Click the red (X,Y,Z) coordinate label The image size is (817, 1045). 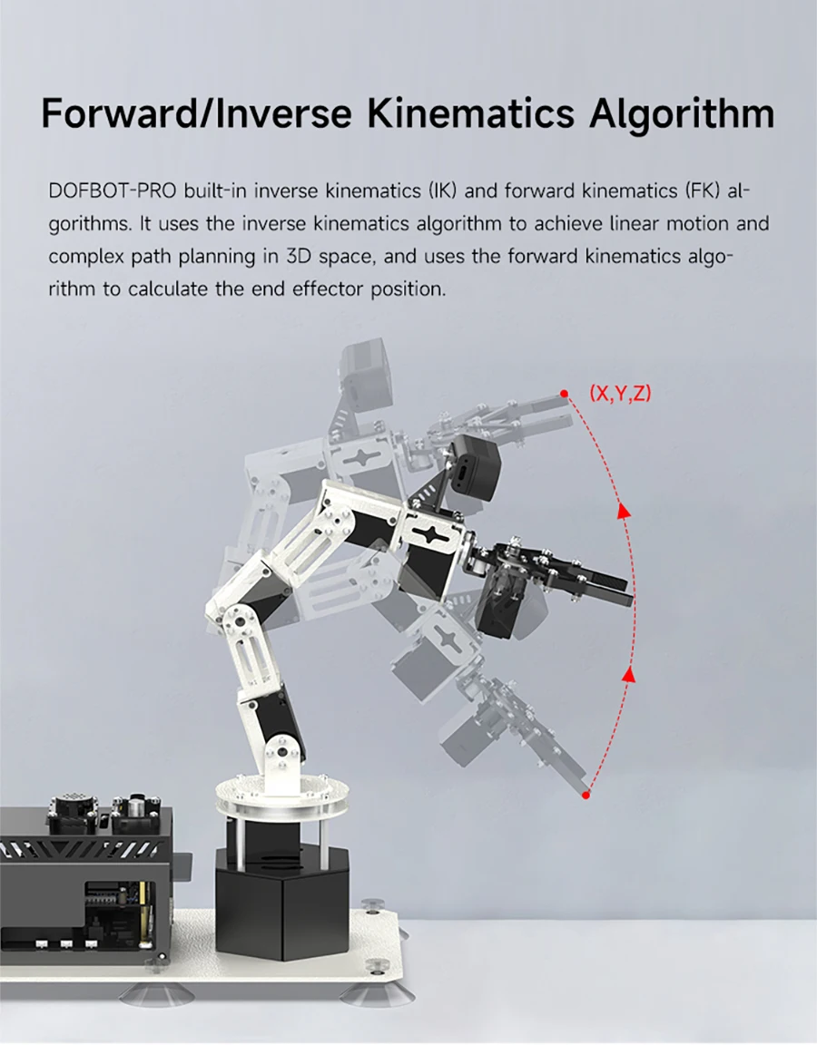click(620, 394)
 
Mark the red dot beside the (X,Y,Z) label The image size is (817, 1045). click(565, 394)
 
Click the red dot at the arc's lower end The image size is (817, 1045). click(586, 795)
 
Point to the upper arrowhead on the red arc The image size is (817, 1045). click(624, 511)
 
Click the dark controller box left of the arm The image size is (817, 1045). click(86, 871)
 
